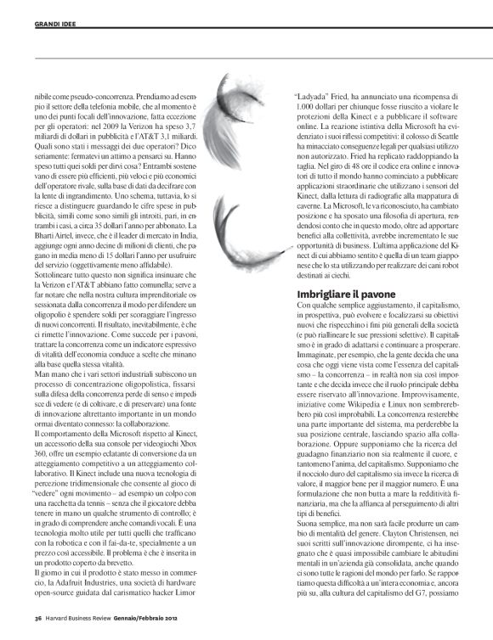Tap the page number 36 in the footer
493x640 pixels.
point(38,616)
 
